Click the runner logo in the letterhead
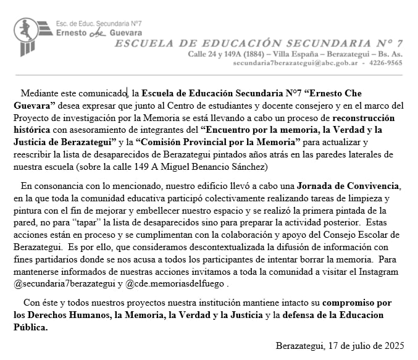click(x=26, y=35)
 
